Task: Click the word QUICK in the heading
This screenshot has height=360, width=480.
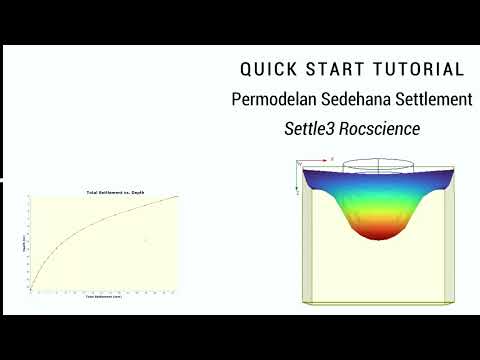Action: [x=268, y=70]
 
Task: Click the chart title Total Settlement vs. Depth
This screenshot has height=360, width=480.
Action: [x=104, y=191]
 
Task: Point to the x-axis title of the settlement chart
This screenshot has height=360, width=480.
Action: [x=104, y=298]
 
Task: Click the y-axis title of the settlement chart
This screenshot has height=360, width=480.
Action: [x=23, y=242]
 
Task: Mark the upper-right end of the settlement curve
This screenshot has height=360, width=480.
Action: [x=178, y=196]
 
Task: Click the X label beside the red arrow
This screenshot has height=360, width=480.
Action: [x=332, y=158]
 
